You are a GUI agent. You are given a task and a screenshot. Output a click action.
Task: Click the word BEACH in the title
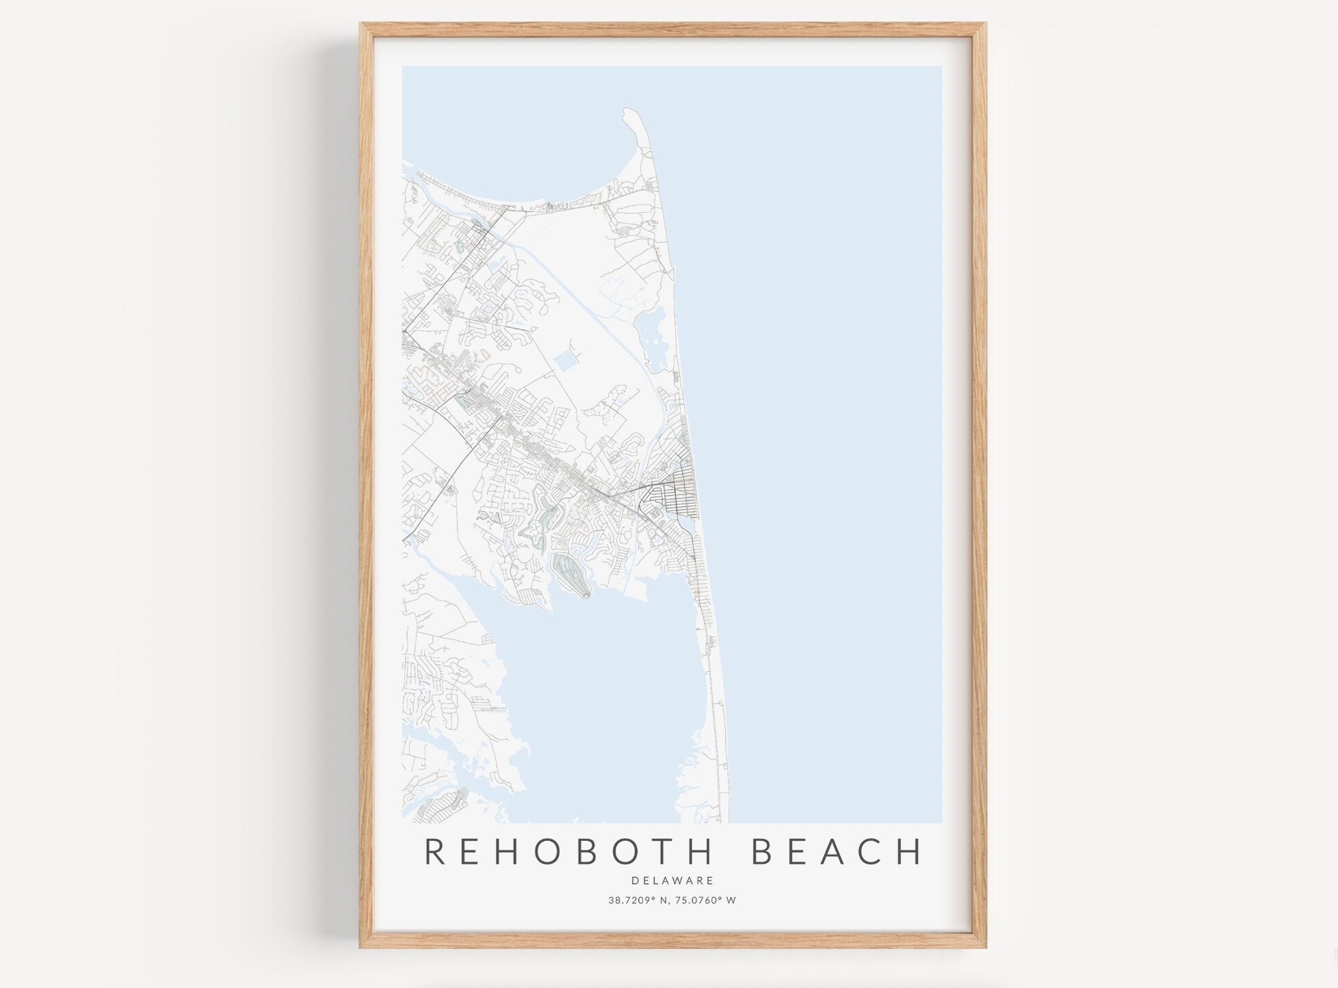pyautogui.click(x=837, y=852)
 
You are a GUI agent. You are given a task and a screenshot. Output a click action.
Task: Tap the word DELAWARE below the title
pyautogui.click(x=672, y=881)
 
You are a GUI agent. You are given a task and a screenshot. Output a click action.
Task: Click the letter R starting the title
pyautogui.click(x=436, y=852)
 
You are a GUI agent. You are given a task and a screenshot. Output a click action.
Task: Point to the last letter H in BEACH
pyautogui.click(x=910, y=852)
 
